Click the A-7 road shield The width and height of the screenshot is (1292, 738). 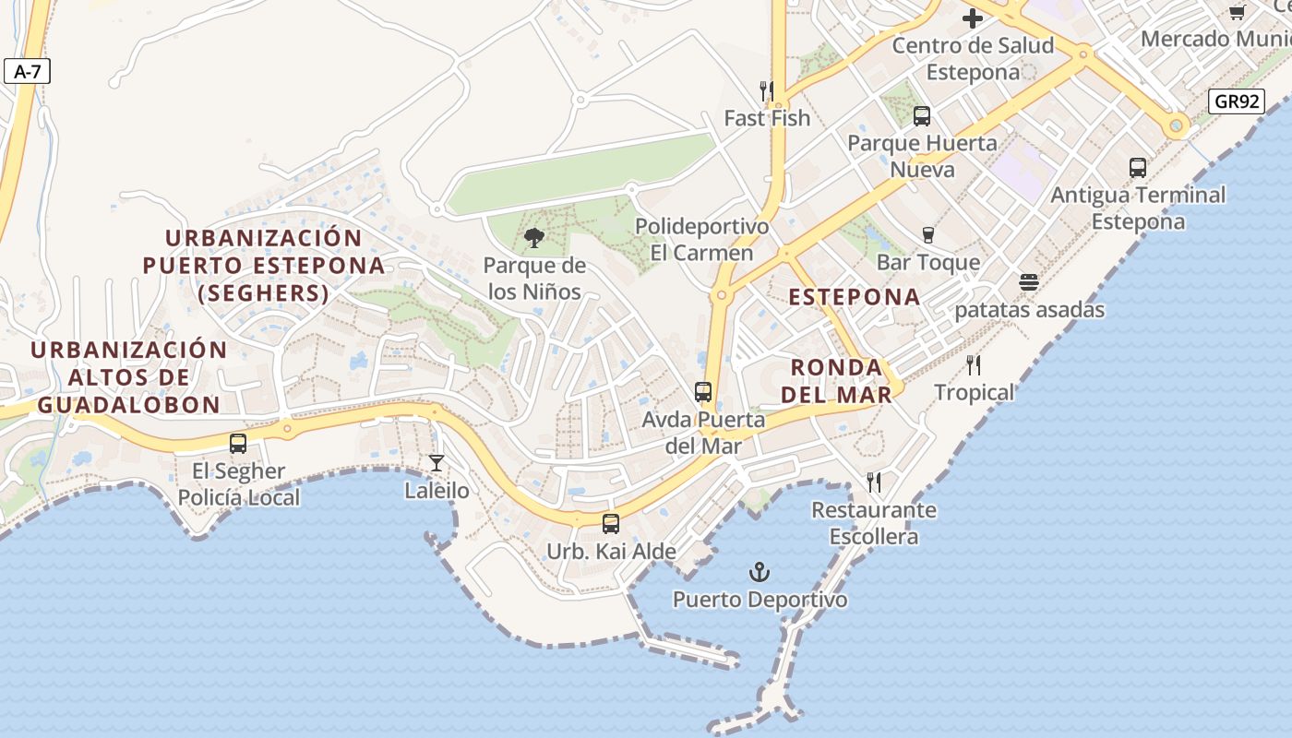[27, 71]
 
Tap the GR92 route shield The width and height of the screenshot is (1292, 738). [1237, 101]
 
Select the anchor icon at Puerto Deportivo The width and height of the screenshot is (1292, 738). [760, 573]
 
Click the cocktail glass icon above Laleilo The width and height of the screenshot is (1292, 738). [437, 463]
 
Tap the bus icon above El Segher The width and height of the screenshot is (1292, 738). [238, 444]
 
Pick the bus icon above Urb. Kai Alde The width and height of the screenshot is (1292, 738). [611, 524]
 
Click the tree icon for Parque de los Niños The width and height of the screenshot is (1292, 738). [533, 239]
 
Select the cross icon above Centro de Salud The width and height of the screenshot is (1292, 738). [973, 18]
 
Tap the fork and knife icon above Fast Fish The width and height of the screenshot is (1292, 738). [767, 90]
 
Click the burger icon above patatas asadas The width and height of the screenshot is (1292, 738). [1029, 282]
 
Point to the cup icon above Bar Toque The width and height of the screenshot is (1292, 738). [928, 235]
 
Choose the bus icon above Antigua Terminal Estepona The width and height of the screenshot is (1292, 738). [1138, 168]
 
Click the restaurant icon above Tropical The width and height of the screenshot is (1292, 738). [974, 365]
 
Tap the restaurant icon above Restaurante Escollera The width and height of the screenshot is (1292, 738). [874, 482]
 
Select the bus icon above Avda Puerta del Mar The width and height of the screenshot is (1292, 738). [703, 392]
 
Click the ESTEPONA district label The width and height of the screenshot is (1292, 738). [855, 297]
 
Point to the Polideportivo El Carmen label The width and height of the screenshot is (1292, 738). [702, 240]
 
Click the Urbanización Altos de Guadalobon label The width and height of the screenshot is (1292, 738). [128, 377]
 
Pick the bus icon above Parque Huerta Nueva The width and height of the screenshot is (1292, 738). [922, 116]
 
